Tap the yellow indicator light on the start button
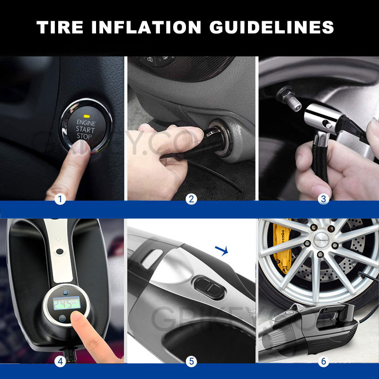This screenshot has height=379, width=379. tap(86, 115)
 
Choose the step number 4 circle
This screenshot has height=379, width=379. tap(59, 361)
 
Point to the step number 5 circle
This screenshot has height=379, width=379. tap(191, 361)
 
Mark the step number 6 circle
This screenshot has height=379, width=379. tap(324, 361)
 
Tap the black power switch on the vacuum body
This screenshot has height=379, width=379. tap(208, 287)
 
